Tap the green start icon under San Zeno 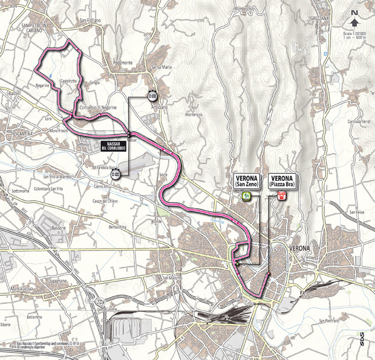tap(246, 195)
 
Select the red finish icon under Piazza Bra tap(281, 195)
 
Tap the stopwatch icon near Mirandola tap(115, 174)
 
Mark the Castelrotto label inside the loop tap(70, 80)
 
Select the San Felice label tap(357, 212)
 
